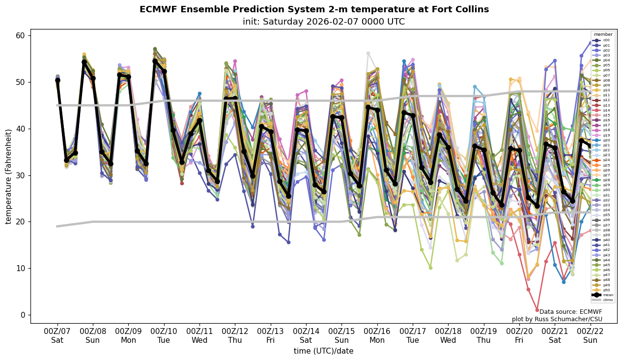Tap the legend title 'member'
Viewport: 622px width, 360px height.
point(603,34)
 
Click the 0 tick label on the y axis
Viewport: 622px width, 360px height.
point(22,315)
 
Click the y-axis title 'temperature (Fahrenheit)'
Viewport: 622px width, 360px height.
point(9,176)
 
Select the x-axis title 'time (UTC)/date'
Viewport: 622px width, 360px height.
point(323,351)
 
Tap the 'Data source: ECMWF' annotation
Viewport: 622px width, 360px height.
point(570,312)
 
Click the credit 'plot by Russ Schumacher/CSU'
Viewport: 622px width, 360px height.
point(557,319)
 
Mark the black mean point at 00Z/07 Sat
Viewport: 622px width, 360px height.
point(57,80)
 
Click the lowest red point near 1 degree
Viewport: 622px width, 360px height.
point(537,310)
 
